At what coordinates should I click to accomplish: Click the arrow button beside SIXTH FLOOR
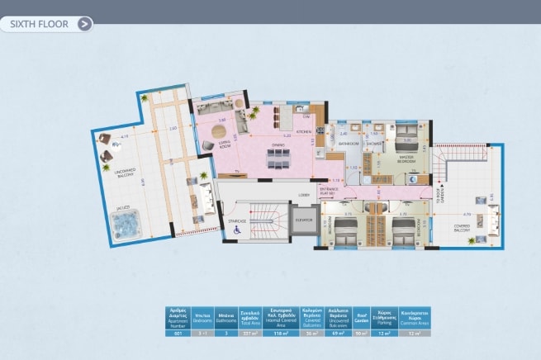tap(84, 24)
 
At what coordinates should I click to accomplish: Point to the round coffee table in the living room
tap(217, 131)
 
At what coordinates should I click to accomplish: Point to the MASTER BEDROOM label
tap(406, 159)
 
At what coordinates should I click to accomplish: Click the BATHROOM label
tap(347, 144)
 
